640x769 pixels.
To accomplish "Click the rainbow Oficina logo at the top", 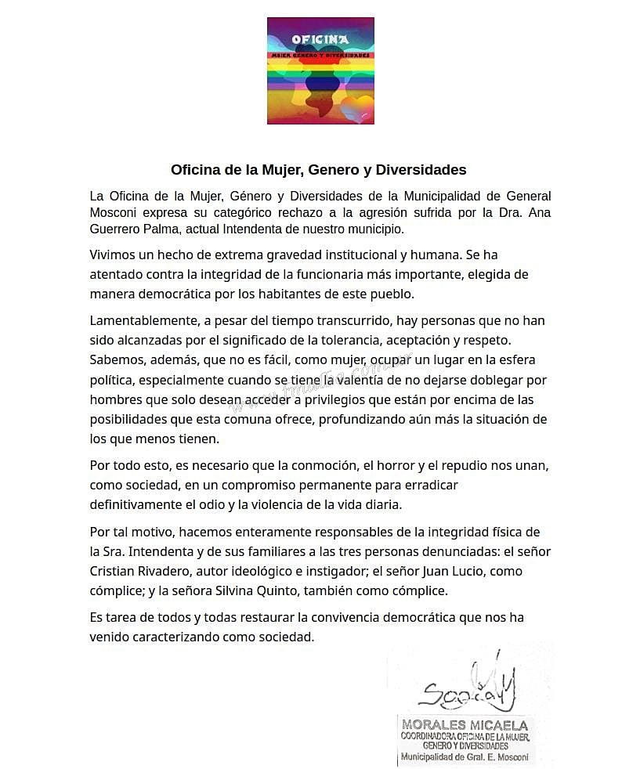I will point(320,71).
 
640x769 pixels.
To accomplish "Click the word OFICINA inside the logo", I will point(320,39).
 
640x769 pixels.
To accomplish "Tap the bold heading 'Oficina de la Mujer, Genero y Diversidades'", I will point(319,170).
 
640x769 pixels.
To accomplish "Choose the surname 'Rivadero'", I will point(170,572).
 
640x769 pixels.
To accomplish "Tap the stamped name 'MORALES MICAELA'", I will point(465,725).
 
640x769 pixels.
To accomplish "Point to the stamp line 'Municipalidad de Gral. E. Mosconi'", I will point(465,757).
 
